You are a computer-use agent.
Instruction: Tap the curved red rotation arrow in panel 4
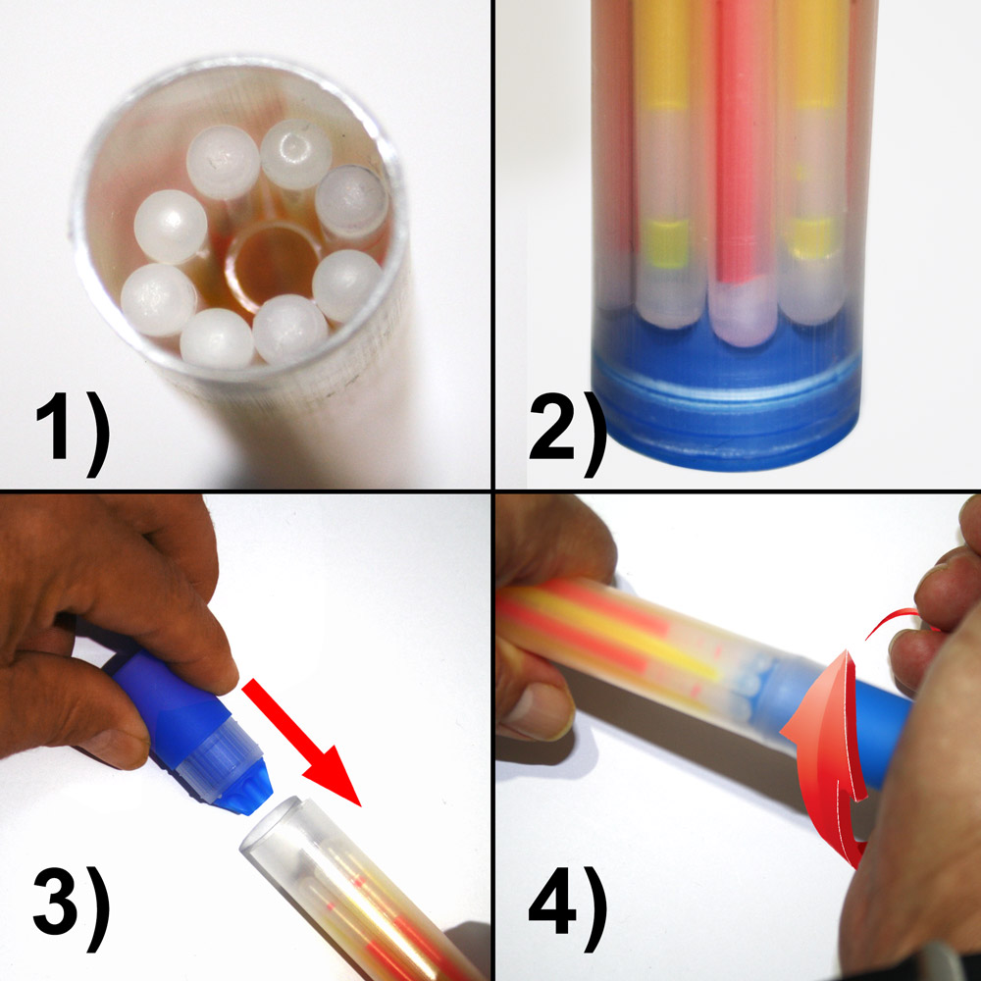[832, 750]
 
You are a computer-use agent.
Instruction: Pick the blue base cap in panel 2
[726, 400]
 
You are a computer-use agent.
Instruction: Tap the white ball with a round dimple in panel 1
[295, 154]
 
